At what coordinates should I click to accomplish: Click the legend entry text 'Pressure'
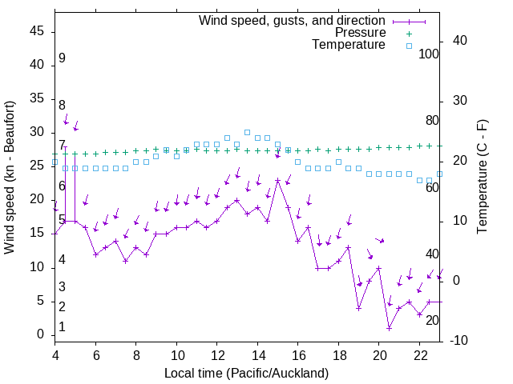click(361, 33)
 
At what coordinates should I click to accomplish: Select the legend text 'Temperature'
click(349, 45)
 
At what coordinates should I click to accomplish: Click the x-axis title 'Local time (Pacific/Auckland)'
click(246, 373)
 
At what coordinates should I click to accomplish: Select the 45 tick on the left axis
click(37, 31)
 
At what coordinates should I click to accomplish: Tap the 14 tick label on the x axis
click(257, 355)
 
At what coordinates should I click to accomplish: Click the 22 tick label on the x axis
click(419, 355)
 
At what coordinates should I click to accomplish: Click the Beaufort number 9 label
click(62, 58)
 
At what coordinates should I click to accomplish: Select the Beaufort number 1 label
click(62, 327)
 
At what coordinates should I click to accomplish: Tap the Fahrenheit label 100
click(429, 54)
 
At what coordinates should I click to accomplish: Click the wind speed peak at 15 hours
click(277, 181)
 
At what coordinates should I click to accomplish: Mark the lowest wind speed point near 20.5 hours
click(389, 328)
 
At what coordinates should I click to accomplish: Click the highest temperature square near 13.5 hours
click(247, 132)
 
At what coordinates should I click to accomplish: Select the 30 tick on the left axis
click(37, 133)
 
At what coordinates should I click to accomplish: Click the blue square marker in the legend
click(408, 46)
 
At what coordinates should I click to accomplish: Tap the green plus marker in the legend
click(408, 34)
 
